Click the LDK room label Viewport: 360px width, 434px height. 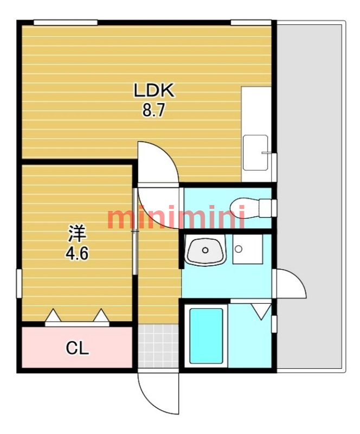pos(154,90)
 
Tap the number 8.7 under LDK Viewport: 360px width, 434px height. pos(153,110)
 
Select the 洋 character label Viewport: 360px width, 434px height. pos(77,234)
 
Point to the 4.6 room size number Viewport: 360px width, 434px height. pos(77,253)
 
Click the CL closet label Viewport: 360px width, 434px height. pos(77,348)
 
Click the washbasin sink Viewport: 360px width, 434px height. pos(205,251)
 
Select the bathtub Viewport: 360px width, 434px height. pos(206,336)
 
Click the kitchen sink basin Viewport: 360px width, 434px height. pos(255,152)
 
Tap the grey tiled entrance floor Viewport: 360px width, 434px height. pos(158,346)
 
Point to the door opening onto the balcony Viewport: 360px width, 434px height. pos(290,283)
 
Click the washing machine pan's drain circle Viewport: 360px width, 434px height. pos(238,249)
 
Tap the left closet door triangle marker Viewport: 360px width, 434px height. pos(53,315)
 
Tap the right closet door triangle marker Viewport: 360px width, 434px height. pos(101,315)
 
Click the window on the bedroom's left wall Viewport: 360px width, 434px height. pos(19,283)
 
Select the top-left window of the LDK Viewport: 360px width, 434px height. pos(66,22)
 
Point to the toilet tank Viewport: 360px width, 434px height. pos(266,208)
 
